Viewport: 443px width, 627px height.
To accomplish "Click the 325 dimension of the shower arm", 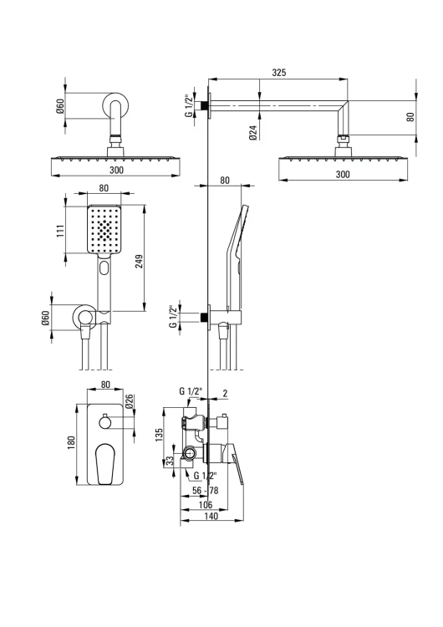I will (x=279, y=73).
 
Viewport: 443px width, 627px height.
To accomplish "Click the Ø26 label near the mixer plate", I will (x=130, y=402).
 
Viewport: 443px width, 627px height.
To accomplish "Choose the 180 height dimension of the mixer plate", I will (x=72, y=440).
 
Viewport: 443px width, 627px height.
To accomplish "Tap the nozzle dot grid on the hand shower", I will (x=103, y=227).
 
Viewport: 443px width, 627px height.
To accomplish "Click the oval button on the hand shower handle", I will (x=103, y=268).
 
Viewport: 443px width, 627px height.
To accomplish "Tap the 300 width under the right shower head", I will (x=342, y=174).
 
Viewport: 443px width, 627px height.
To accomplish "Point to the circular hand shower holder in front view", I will (x=84, y=318).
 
